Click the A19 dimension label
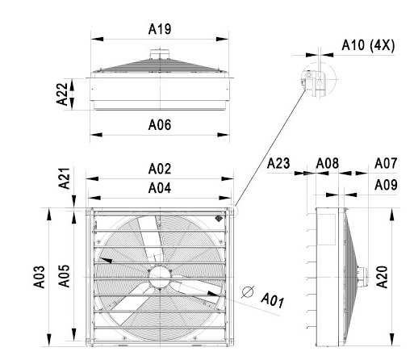[x=160, y=29]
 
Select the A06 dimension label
[x=160, y=125]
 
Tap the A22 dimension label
[x=62, y=94]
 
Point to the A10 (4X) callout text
[x=368, y=45]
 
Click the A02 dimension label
[x=160, y=169]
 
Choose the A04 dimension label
[x=160, y=188]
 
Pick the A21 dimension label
[x=65, y=178]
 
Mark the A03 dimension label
[x=39, y=277]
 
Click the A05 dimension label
[x=64, y=276]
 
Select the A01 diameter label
[x=272, y=300]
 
